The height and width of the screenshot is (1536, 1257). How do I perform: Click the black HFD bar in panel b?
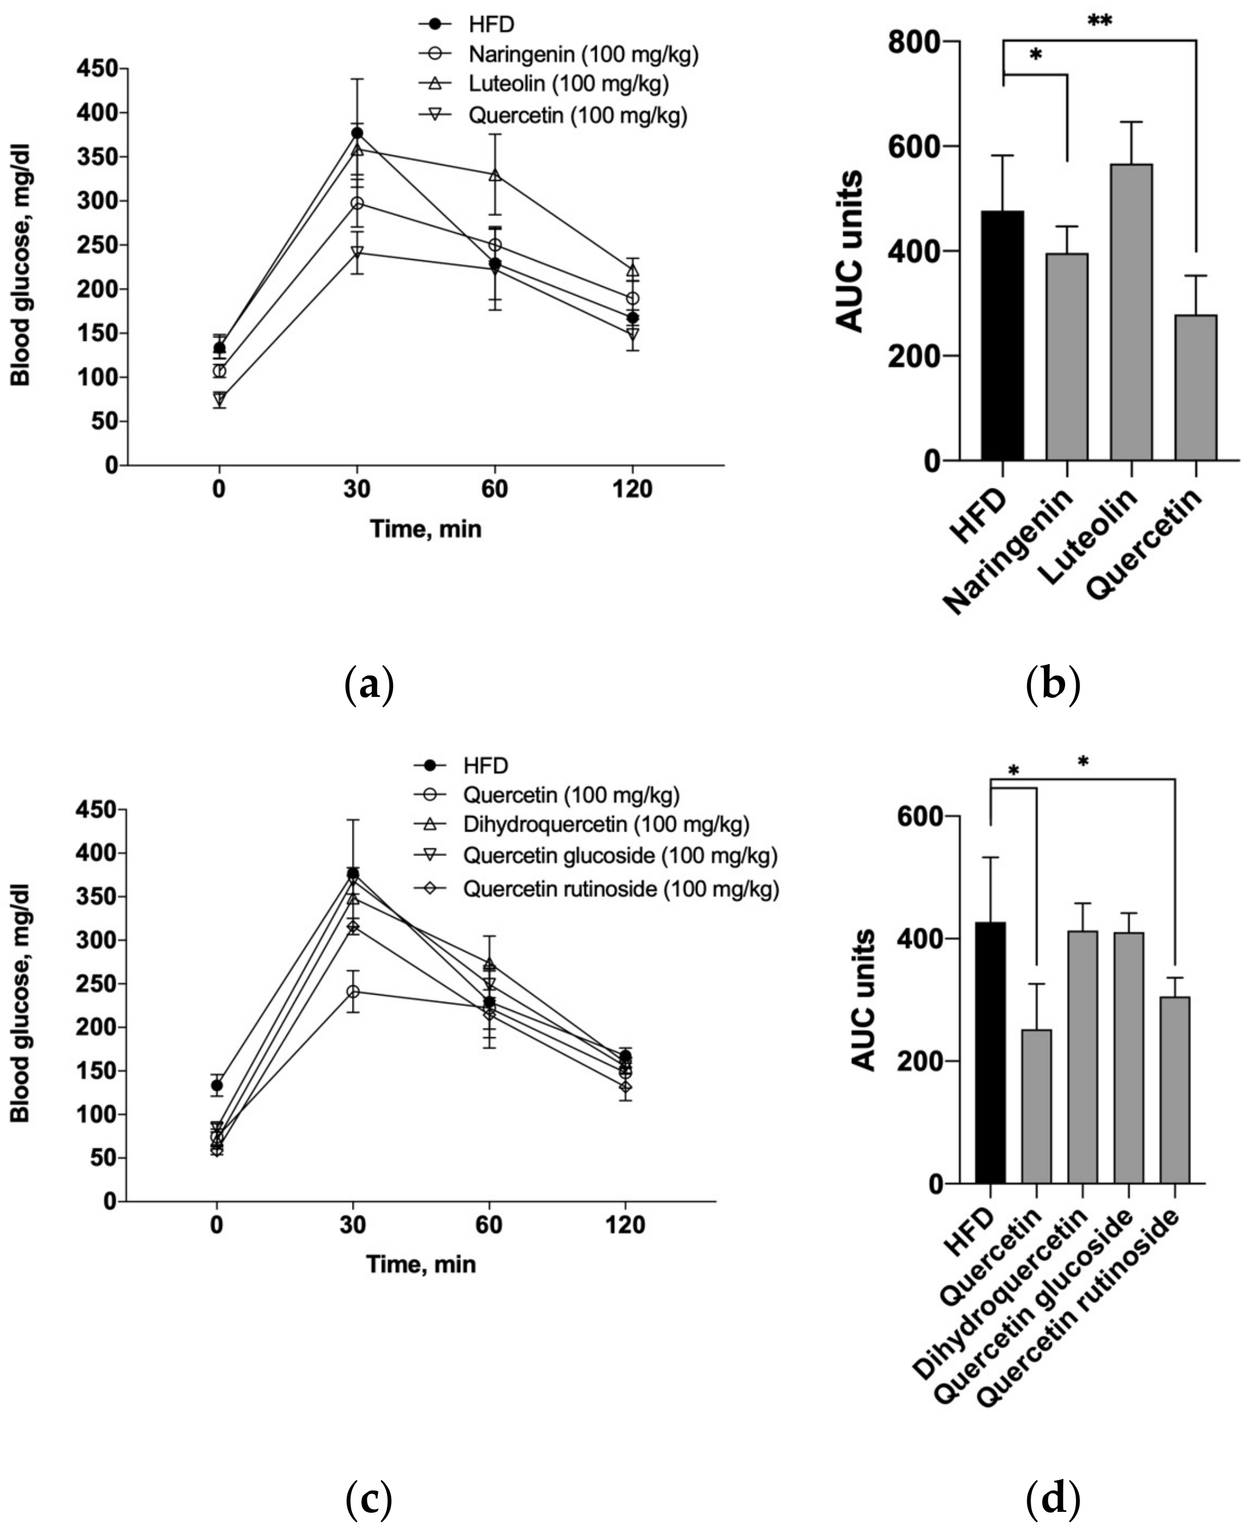coord(1003,336)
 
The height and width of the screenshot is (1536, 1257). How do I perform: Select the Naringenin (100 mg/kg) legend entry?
coord(583,54)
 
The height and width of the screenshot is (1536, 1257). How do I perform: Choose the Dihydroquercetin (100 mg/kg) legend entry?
coord(605,825)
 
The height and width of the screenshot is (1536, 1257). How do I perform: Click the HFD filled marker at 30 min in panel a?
coord(357,133)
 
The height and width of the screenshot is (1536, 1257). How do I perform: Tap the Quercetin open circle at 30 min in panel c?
coord(353,991)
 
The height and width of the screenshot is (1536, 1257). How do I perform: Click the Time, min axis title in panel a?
coord(426,529)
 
